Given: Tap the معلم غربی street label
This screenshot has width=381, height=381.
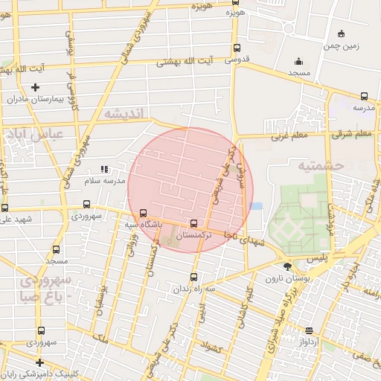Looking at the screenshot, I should pos(288,136).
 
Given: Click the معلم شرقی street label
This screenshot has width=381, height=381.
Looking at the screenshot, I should pos(353,133).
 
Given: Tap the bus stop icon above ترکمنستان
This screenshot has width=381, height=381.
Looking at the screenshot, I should pos(194,222).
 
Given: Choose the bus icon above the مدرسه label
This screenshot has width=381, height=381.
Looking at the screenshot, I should pos(364,96).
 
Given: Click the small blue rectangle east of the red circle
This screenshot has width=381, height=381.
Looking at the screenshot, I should pos(257,205).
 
